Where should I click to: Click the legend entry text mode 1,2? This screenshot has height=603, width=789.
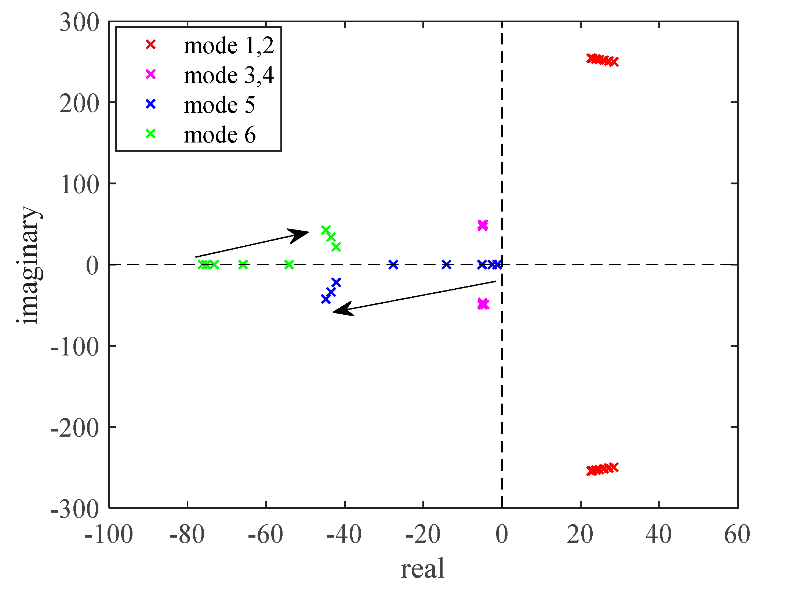229,46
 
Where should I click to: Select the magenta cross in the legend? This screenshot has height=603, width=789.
151,75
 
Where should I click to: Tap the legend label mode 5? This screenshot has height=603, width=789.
219,105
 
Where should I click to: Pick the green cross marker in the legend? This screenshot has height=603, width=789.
151,134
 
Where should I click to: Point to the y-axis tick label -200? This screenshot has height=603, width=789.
74,427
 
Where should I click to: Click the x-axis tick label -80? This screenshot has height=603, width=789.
187,535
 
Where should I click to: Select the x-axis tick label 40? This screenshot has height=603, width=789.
659,535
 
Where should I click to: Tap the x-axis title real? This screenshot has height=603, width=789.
423,569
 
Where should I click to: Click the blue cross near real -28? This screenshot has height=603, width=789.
393,264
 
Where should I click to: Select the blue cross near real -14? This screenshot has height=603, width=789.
446,264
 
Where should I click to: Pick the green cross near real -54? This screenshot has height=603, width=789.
289,264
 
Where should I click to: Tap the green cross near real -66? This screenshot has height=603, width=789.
243,264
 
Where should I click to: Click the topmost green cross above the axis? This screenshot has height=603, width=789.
326,230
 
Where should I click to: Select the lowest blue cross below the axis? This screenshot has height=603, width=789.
326,299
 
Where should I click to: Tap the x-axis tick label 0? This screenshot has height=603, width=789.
502,535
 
